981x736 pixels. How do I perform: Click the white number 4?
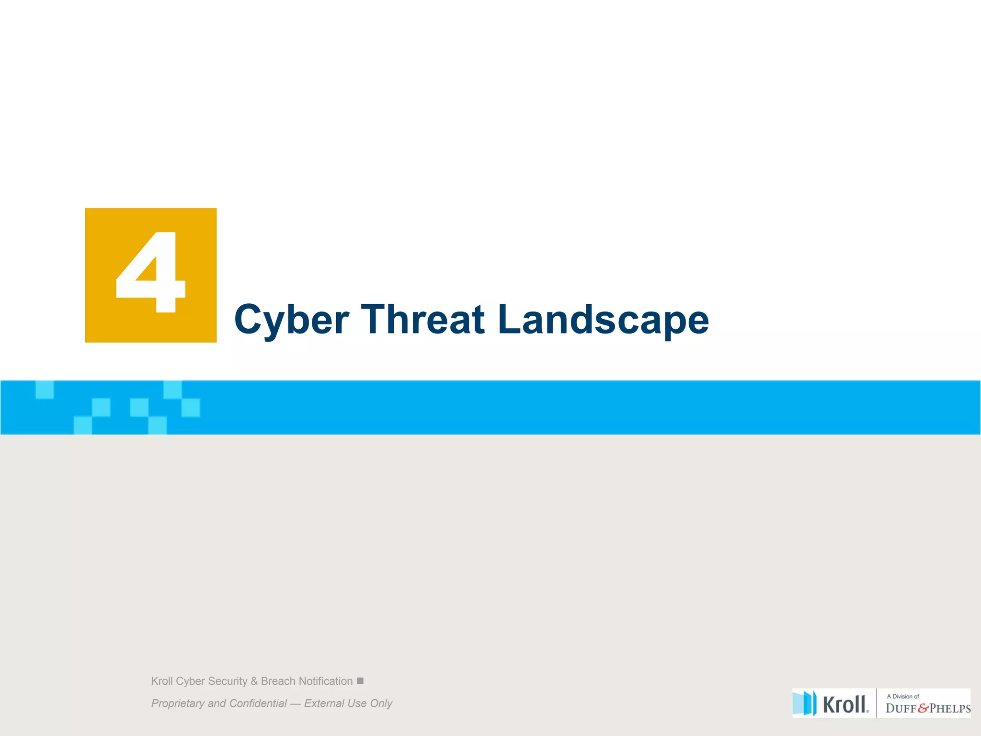[x=150, y=272]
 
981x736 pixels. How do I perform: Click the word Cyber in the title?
[x=291, y=320]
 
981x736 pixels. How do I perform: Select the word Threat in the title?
[x=422, y=320]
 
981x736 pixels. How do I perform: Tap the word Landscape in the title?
[x=603, y=320]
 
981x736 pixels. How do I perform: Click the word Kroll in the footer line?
[x=161, y=681]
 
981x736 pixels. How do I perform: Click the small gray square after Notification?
[x=360, y=680]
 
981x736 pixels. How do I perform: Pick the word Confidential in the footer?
[x=258, y=703]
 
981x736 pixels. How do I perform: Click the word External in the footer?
[x=324, y=703]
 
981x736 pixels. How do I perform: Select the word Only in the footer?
[x=381, y=703]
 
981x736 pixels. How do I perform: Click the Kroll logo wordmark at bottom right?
[x=845, y=704]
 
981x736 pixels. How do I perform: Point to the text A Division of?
[x=902, y=696]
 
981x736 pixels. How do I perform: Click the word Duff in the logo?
[x=901, y=709]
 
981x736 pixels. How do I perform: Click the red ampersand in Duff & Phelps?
[x=923, y=709]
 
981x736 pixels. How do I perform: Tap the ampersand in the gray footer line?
[x=254, y=681]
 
